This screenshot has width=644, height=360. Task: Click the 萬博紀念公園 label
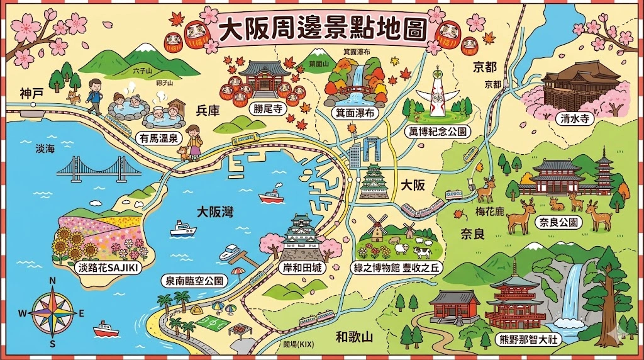click(x=436, y=131)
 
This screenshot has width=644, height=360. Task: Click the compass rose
click(x=53, y=311)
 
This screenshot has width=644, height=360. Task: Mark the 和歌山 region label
click(x=354, y=337)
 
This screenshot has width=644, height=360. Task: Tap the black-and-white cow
click(x=421, y=252)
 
